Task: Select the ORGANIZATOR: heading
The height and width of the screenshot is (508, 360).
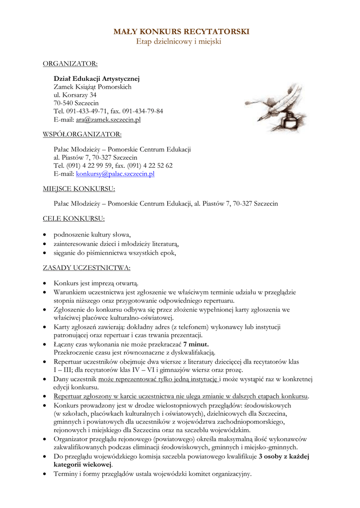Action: [70, 63]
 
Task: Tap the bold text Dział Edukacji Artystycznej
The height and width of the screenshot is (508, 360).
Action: [97, 78]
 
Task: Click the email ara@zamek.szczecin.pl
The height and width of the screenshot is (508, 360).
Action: [108, 120]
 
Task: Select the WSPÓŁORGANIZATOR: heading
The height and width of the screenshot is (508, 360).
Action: [82, 134]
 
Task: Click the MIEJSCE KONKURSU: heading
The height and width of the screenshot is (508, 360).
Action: [79, 189]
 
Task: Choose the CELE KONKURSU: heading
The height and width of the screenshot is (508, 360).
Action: [73, 218]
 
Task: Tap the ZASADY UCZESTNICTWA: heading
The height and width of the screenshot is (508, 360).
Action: [87, 268]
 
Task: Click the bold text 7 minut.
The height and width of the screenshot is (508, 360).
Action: [196, 344]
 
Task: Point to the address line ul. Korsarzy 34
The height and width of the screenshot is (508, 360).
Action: [75, 95]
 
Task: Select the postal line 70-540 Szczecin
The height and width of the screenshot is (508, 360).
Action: [76, 103]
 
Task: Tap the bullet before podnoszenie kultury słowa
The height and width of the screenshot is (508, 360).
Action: [46, 235]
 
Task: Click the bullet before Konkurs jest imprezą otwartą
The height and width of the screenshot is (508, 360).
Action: [46, 283]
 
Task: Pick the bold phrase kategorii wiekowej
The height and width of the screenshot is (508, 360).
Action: [82, 465]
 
